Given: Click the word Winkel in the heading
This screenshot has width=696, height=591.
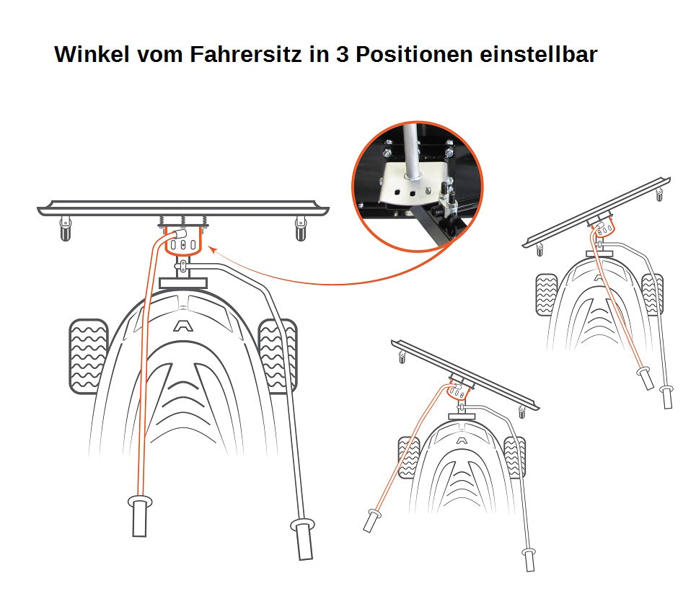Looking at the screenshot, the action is [92, 54].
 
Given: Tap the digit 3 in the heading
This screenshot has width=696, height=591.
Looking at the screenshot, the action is [343, 54].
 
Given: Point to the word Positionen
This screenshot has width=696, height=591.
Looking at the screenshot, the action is [414, 54].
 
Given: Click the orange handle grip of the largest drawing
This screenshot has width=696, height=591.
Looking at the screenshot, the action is [140, 515].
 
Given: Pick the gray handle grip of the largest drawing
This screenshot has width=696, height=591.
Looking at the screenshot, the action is [303, 539].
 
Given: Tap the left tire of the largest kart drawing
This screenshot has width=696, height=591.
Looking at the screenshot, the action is [88, 356].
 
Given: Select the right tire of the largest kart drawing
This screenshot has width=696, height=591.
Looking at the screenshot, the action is [278, 356].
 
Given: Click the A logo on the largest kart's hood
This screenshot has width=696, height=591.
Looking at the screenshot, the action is [180, 326].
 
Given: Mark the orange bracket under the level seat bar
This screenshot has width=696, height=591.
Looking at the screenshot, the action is [183, 243].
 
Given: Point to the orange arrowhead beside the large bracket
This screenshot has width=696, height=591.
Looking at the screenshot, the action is [212, 250].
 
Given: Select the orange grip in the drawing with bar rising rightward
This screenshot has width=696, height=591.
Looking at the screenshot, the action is [646, 378].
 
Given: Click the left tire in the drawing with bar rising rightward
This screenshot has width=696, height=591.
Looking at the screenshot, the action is [546, 295].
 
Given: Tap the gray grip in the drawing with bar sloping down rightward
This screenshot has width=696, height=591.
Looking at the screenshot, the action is [529, 560].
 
